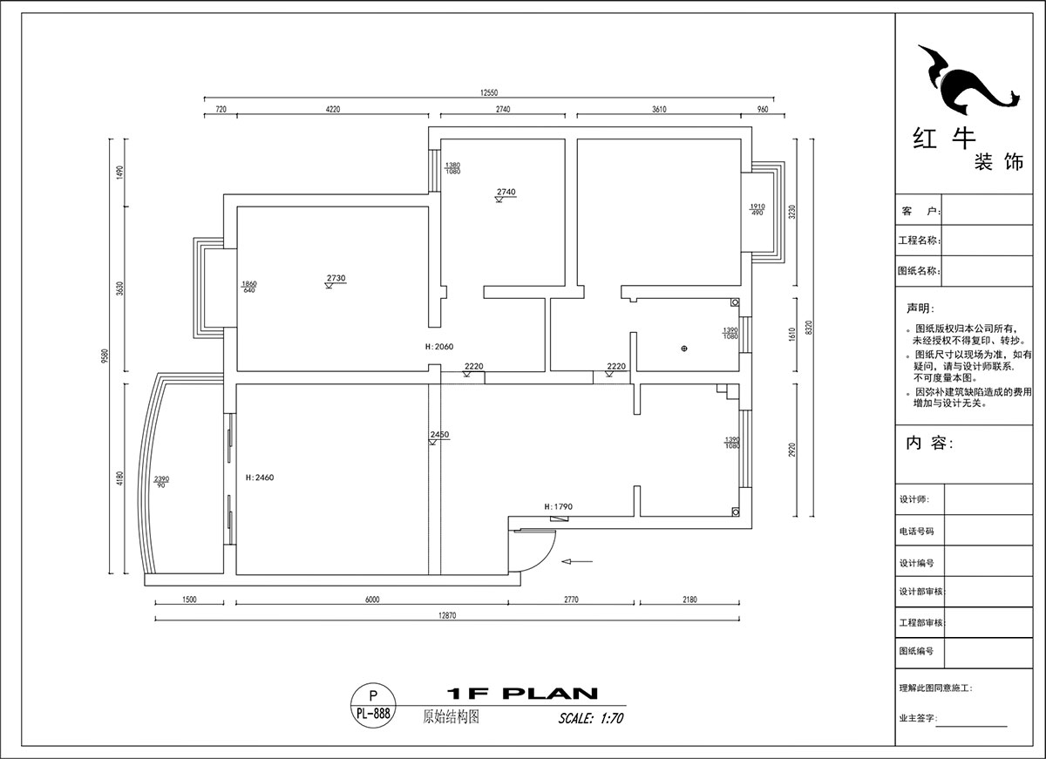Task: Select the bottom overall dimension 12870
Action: (x=446, y=615)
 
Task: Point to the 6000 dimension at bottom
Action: (x=372, y=600)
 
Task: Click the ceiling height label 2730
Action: (x=336, y=279)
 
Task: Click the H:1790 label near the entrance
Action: (x=558, y=506)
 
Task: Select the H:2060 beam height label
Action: (x=439, y=347)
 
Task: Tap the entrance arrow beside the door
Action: (x=578, y=561)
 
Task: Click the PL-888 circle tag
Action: (x=373, y=705)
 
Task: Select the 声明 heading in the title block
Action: (x=919, y=308)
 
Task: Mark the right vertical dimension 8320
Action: (x=809, y=328)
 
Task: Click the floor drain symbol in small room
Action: (x=683, y=349)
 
